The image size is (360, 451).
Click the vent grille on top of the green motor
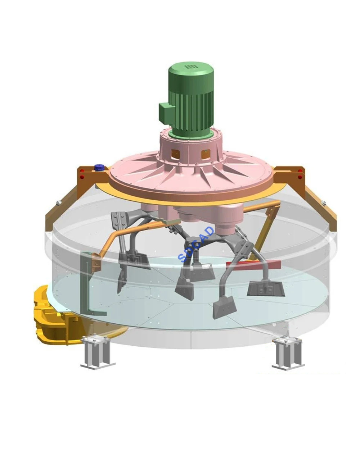click(x=190, y=67)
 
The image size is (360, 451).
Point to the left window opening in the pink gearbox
click(x=174, y=154)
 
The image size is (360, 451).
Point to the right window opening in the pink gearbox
click(x=205, y=154)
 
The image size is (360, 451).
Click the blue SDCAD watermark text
click(x=196, y=244)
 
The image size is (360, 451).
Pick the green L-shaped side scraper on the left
click(x=86, y=288)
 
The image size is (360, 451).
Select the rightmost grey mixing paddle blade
click(x=266, y=288)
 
